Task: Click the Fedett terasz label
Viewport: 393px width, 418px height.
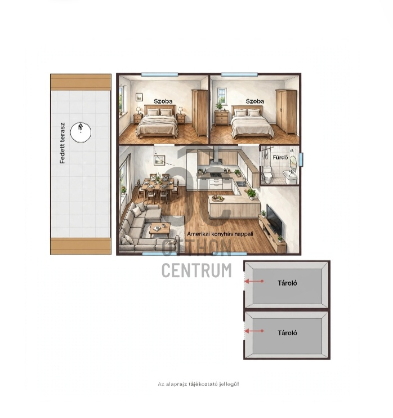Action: [x=62, y=143]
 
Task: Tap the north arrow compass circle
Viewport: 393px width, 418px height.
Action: [x=81, y=132]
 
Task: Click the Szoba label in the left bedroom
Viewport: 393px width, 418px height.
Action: [x=163, y=101]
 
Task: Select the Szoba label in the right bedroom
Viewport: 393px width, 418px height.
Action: [x=255, y=101]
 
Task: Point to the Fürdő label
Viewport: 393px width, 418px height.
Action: [x=280, y=157]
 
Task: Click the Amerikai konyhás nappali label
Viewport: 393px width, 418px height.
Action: [x=220, y=234]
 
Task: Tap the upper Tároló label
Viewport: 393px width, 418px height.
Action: [x=287, y=283]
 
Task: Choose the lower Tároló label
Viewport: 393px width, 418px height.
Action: [x=287, y=333]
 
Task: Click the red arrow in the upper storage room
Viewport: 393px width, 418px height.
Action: [x=254, y=281]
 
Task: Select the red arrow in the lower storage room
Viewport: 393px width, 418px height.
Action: [x=254, y=331]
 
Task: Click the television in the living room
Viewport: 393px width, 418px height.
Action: [x=274, y=220]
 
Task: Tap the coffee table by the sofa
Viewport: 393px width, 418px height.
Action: [x=159, y=230]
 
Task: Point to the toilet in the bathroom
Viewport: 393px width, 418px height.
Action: [x=267, y=174]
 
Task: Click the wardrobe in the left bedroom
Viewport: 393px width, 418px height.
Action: [x=199, y=113]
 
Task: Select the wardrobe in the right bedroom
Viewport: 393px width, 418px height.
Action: [x=287, y=112]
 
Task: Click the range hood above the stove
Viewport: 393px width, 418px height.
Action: [x=216, y=156]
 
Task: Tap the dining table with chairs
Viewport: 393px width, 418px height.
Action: [x=158, y=189]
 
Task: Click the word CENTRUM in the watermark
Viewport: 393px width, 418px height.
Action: [x=196, y=270]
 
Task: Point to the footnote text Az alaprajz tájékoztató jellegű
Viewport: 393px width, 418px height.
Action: [x=199, y=384]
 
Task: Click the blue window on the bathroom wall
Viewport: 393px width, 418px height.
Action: [x=301, y=159]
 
